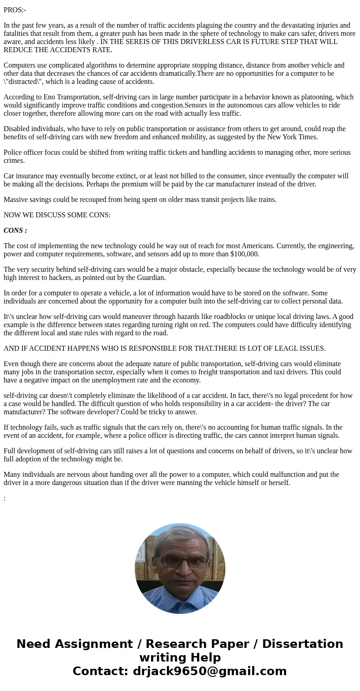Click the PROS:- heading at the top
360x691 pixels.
coord(15,10)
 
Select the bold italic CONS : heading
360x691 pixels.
coord(15,230)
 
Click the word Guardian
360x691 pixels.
coord(151,278)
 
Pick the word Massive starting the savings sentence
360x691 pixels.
coord(16,200)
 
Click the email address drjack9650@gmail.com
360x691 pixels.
coord(209,671)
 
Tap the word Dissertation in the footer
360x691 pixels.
coord(302,644)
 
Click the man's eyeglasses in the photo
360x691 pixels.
coord(180,562)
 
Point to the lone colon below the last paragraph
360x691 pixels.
coord(5,498)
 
